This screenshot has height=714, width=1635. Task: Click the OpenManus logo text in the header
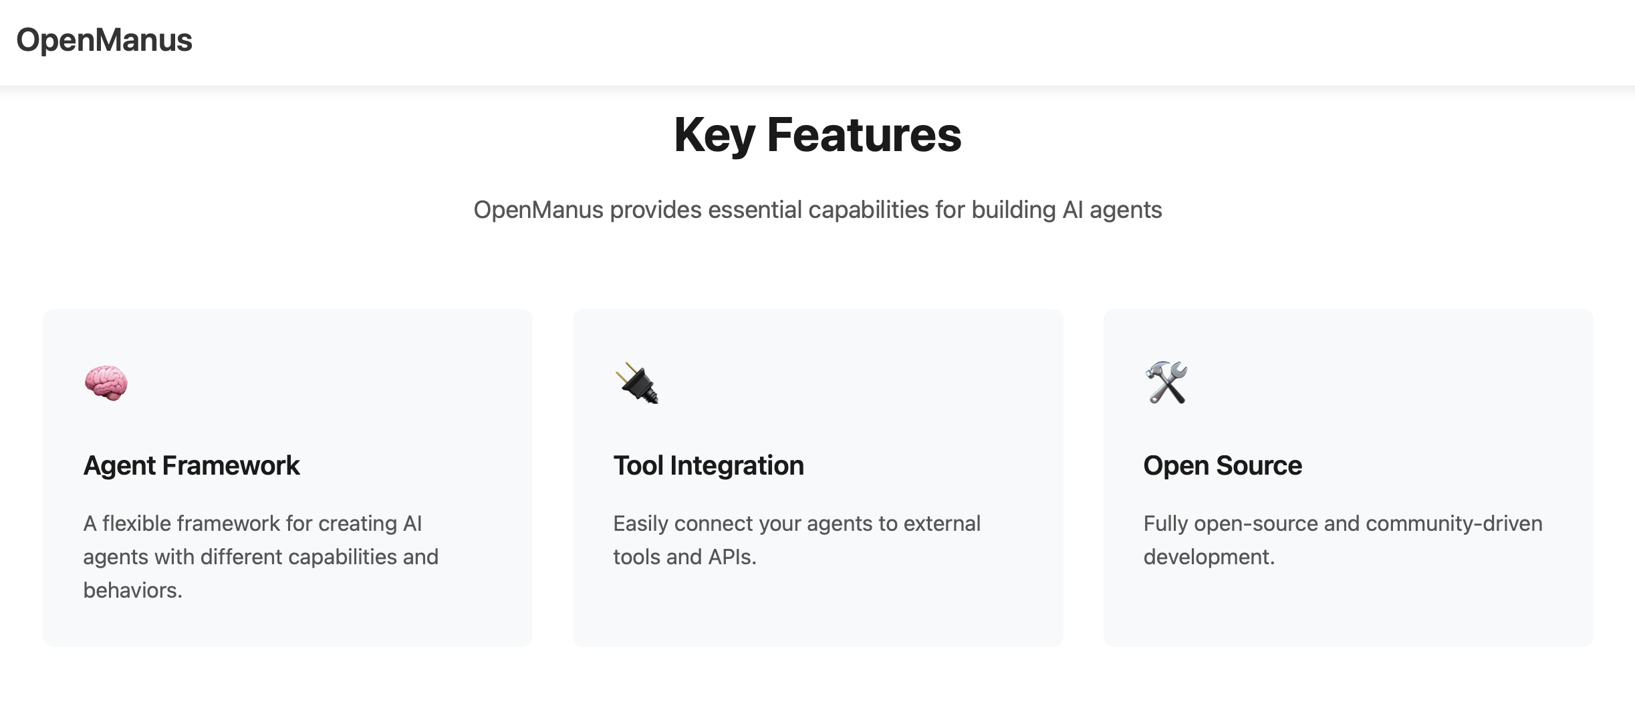point(104,40)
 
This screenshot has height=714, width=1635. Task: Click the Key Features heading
point(817,136)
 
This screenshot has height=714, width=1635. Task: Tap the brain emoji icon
point(106,383)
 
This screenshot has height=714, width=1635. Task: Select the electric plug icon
point(636,383)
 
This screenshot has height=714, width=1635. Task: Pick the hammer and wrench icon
point(1166,382)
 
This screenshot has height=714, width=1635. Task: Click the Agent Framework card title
point(192,466)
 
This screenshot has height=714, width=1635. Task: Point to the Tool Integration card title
point(709,466)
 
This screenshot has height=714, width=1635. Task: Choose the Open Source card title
point(1223,466)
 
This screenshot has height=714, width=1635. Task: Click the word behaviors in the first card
point(132,590)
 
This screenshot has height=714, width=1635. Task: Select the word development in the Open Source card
point(1209,557)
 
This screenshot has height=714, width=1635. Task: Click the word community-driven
point(1454,524)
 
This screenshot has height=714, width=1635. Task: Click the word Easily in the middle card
point(640,524)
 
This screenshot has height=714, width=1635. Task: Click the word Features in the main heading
point(864,136)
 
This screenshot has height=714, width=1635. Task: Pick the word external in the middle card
point(942,523)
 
